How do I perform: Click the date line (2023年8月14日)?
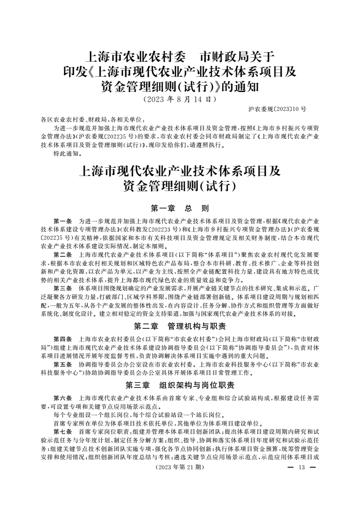click(x=180, y=98)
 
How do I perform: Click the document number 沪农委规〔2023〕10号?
click(x=277, y=109)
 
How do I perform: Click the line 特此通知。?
click(x=67, y=154)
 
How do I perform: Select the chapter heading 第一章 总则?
click(x=180, y=209)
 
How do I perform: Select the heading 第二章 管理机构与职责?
click(x=180, y=326)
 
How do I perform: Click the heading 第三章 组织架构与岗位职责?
click(x=180, y=385)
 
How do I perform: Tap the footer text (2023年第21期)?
click(x=180, y=468)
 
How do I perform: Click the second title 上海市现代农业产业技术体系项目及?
click(x=180, y=171)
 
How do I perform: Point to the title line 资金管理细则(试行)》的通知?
click(x=180, y=86)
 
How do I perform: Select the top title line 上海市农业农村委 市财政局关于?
click(x=180, y=57)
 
